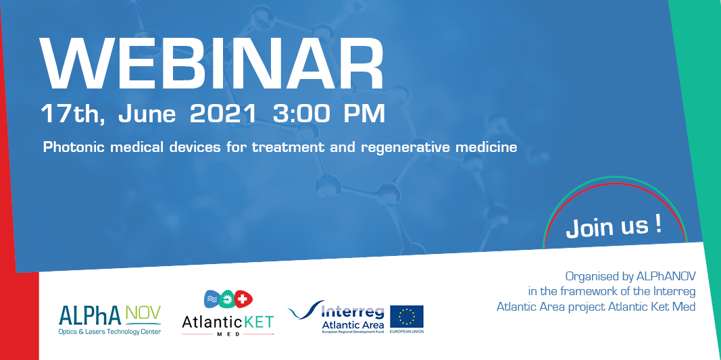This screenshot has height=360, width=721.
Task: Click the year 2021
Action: pyautogui.click(x=223, y=113)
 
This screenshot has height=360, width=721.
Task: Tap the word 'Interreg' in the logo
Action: pyautogui.click(x=352, y=311)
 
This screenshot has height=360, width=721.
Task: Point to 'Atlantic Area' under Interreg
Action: pyautogui.click(x=352, y=326)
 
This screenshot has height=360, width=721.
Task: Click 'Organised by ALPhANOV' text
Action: pyautogui.click(x=630, y=276)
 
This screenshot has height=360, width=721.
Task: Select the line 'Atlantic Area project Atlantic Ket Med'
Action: pyautogui.click(x=595, y=306)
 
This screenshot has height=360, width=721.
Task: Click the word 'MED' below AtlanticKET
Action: pyautogui.click(x=228, y=334)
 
